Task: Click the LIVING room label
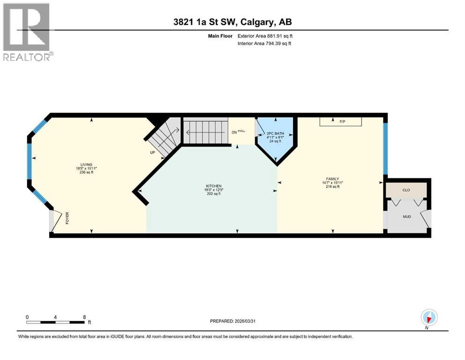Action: (86, 165)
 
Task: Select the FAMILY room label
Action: (332, 179)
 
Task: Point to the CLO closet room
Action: (406, 191)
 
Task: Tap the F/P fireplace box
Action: (341, 121)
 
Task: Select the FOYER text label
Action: (67, 219)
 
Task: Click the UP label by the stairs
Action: (152, 153)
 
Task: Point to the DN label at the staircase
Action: (234, 132)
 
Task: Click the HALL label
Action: (242, 131)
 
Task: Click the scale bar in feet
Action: (56, 322)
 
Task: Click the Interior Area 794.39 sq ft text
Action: (265, 44)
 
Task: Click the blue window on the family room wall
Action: (385, 148)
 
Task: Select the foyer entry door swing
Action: (56, 221)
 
